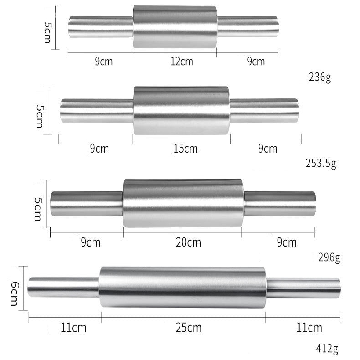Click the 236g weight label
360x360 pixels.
pos(320,77)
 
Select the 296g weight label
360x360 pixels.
pos(329,258)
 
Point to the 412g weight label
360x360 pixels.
pos(327,349)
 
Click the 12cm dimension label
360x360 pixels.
pos(181,62)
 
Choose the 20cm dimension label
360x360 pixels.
pos(189,242)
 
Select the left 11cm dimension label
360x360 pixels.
pos(73,327)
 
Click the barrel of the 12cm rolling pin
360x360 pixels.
pos(175,27)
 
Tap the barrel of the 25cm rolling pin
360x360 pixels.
pos(182,287)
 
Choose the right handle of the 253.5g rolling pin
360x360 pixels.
pos(264,110)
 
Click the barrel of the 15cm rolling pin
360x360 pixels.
pos(181,110)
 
